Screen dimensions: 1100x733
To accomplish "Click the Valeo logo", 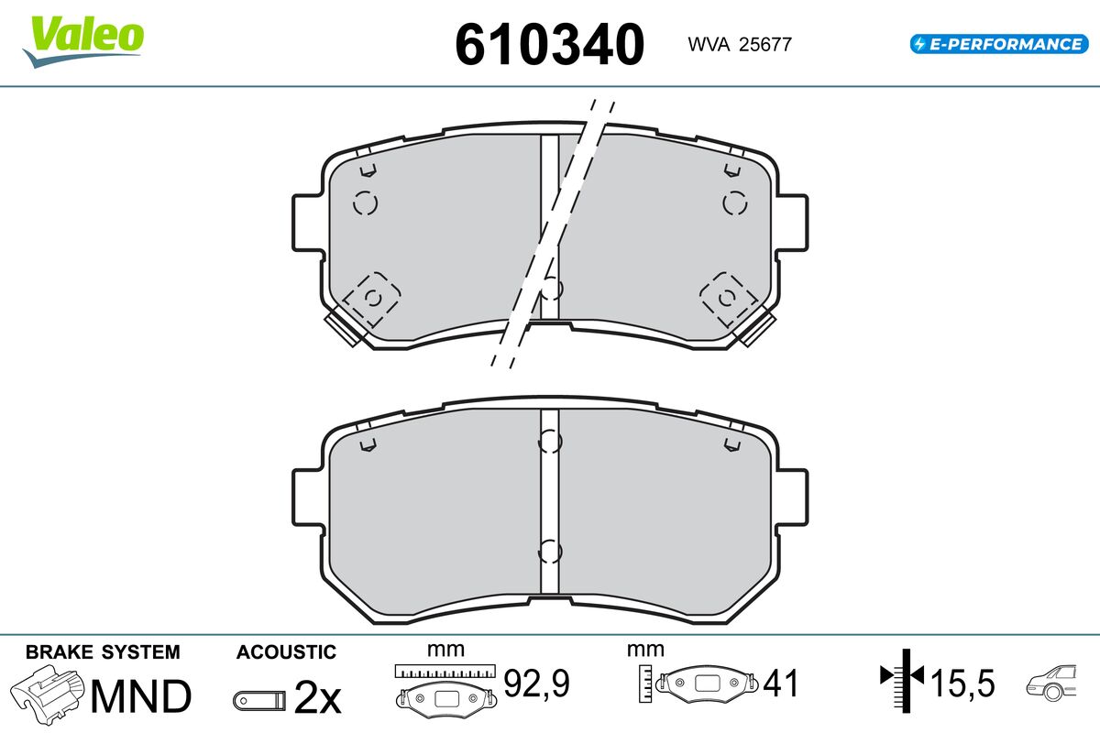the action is point(83,41).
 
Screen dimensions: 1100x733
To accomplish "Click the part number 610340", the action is point(549,44).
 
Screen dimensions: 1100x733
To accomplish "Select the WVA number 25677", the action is point(765,44).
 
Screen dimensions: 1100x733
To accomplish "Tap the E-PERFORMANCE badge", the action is point(999,44).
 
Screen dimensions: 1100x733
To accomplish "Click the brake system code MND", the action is point(141,696).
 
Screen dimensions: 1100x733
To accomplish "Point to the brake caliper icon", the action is point(47,695).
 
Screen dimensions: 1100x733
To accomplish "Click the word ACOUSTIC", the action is point(286,652).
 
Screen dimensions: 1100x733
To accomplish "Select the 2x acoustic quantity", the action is point(317,697).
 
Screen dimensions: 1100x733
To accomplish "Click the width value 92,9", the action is point(536,683).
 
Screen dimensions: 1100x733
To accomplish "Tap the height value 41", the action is point(781,683).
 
